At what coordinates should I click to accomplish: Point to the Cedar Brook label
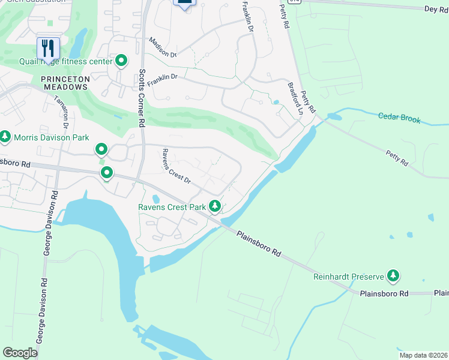pyautogui.click(x=400, y=118)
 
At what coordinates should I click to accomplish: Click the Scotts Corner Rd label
pyautogui.click(x=142, y=97)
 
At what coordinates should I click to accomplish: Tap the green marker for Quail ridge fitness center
pyautogui.click(x=121, y=60)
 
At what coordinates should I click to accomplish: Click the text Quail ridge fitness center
pyautogui.click(x=76, y=61)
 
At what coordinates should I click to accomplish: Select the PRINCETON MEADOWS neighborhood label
pyautogui.click(x=65, y=83)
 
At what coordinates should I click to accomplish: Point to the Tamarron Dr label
pyautogui.click(x=62, y=111)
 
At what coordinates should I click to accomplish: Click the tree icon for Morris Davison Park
pyautogui.click(x=5, y=137)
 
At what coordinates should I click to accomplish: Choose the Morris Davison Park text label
pyautogui.click(x=52, y=138)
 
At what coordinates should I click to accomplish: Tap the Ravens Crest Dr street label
pyautogui.click(x=175, y=167)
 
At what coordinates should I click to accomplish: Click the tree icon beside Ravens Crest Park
pyautogui.click(x=214, y=207)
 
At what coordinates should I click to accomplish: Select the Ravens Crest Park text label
pyautogui.click(x=172, y=208)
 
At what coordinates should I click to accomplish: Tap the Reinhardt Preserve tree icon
pyautogui.click(x=393, y=276)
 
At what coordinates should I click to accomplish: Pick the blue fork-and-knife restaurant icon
pyautogui.click(x=48, y=48)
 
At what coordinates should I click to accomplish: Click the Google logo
pyautogui.click(x=20, y=353)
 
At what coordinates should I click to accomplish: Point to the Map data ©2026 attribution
pyautogui.click(x=423, y=355)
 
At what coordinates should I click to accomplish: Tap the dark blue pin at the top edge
pyautogui.click(x=185, y=3)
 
